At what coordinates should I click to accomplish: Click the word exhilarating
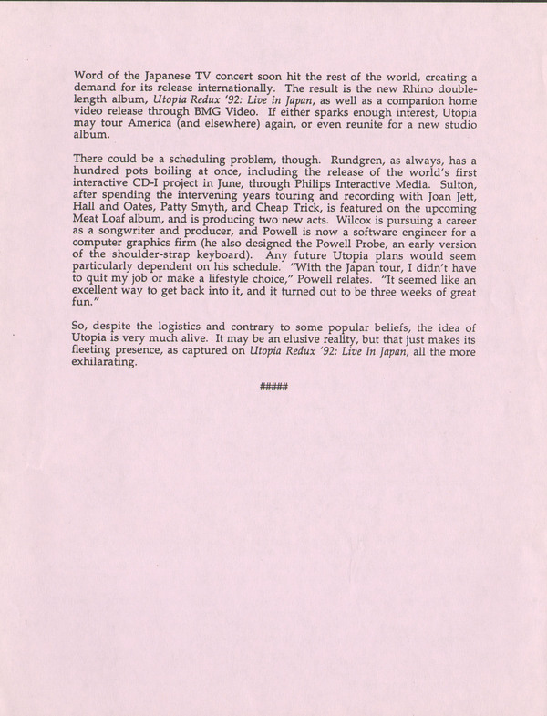pos(106,362)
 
